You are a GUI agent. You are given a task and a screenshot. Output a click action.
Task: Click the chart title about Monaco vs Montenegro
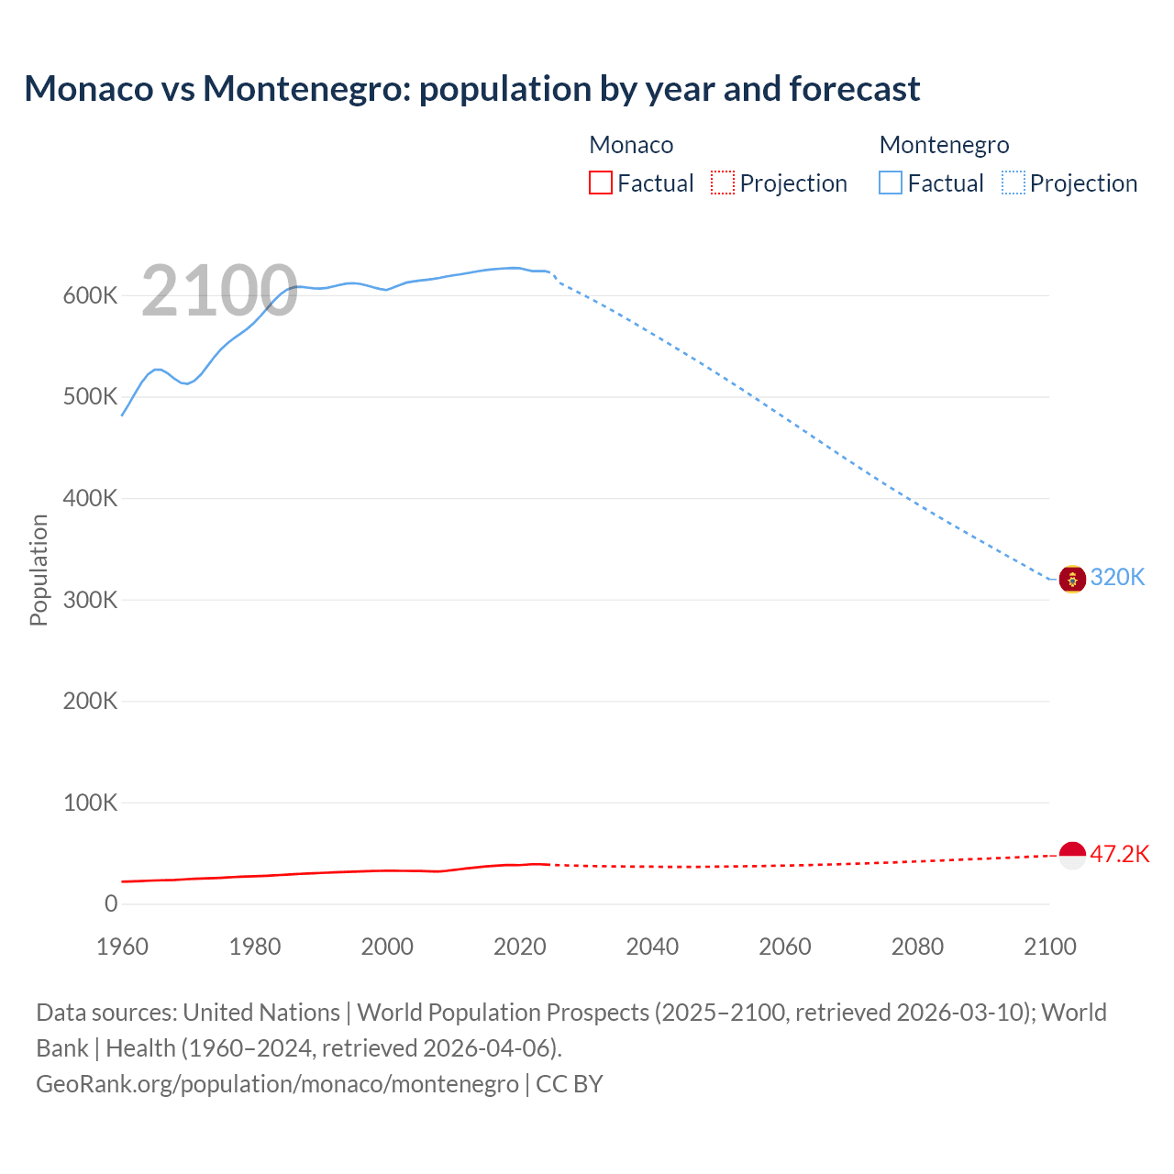[471, 89]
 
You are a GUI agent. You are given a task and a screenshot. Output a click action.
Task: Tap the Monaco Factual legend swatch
[600, 183]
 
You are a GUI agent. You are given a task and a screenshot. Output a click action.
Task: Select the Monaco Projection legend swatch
[723, 183]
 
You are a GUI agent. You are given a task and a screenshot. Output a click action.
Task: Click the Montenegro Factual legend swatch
[890, 183]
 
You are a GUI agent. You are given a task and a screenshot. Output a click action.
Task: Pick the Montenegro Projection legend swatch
[1013, 183]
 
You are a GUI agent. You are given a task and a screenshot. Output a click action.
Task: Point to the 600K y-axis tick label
[91, 296]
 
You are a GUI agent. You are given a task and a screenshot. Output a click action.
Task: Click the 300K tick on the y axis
[91, 601]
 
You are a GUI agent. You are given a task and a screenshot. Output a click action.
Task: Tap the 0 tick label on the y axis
[111, 904]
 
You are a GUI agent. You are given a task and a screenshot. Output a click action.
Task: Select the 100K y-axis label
[91, 803]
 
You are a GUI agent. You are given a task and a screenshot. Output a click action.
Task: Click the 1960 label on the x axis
[122, 947]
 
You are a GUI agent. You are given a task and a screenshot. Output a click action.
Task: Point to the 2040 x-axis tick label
[652, 947]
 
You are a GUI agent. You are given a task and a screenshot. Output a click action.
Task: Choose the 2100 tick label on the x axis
[1049, 947]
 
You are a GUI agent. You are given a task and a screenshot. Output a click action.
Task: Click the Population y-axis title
[39, 570]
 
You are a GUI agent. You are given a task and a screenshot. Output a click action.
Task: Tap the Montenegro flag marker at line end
[1072, 579]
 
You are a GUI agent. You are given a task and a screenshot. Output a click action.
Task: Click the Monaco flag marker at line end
[1072, 855]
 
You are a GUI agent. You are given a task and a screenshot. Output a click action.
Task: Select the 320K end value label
[1117, 578]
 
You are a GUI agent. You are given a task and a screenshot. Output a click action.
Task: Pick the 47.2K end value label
[1119, 855]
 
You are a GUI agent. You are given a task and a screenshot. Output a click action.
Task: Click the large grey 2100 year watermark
[219, 291]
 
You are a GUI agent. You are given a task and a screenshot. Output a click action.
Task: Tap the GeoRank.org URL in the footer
[277, 1084]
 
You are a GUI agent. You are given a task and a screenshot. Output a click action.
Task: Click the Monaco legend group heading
[631, 145]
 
